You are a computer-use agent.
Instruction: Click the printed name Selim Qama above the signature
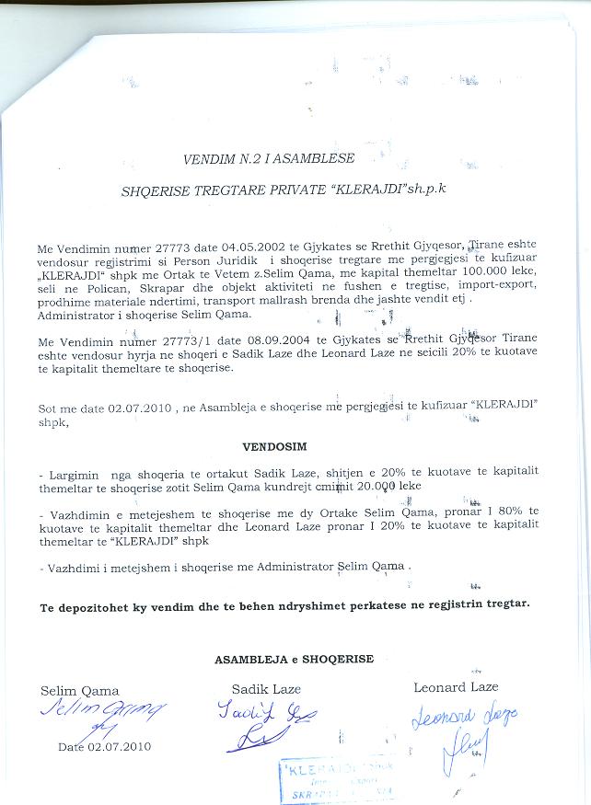[x=80, y=691]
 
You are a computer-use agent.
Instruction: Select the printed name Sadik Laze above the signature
[x=266, y=689]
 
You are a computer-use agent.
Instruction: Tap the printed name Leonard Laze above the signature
[x=456, y=687]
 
